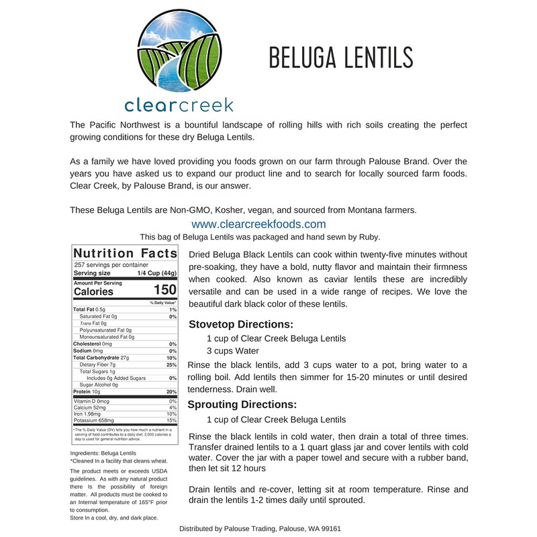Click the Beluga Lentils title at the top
340,58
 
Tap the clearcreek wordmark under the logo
179,105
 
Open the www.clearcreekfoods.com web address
258,224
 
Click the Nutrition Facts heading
125,253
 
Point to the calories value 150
164,291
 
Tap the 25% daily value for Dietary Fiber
172,364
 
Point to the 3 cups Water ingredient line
232,350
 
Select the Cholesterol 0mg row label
92,344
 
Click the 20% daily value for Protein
172,392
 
